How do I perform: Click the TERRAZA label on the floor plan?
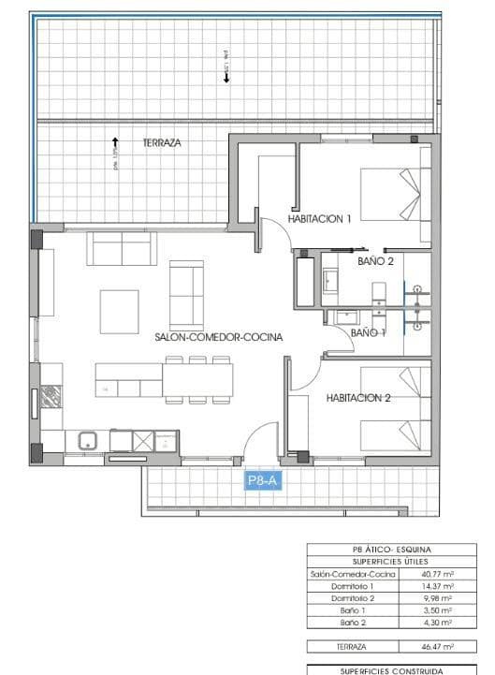tap(162, 143)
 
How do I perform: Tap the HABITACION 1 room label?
tap(319, 219)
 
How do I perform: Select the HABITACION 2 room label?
tap(357, 398)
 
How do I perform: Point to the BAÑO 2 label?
tap(375, 261)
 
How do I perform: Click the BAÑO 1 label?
tap(368, 332)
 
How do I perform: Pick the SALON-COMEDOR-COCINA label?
tap(219, 336)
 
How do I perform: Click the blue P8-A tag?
tap(262, 481)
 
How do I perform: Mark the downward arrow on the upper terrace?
tap(226, 79)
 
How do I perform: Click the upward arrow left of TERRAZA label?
tap(115, 144)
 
